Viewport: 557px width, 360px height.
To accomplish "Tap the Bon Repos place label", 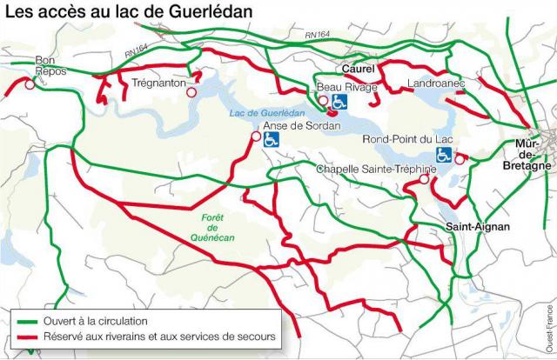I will pos(45,66).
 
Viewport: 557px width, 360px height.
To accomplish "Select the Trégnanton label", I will pos(160,84).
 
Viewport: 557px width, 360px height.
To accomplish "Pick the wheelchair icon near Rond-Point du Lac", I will pos(444,155).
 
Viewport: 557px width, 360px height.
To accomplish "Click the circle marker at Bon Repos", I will pos(30,85).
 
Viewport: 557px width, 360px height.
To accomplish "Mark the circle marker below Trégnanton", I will pos(191,90).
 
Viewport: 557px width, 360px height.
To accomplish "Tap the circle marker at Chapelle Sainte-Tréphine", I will pos(424,179).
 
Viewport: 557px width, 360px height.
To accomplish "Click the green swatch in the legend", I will pos(24,322).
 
